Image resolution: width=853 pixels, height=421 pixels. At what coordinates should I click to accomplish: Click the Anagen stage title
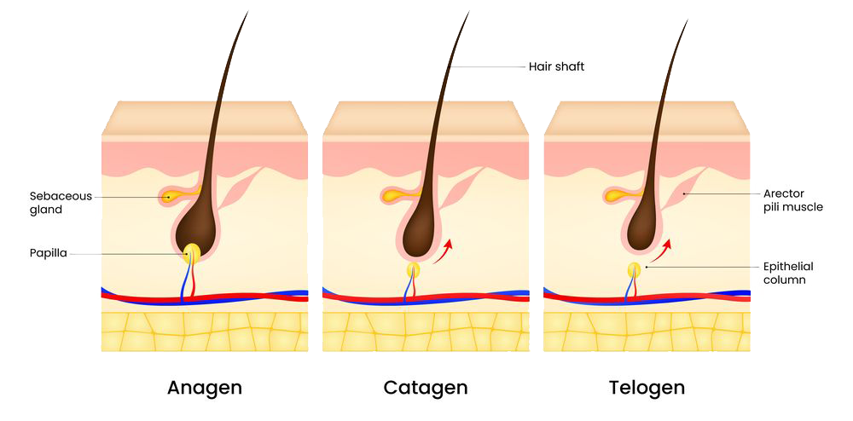point(205,388)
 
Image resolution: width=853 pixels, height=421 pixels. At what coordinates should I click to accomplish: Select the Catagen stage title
point(426,388)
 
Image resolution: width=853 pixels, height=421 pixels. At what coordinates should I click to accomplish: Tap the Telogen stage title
point(647,388)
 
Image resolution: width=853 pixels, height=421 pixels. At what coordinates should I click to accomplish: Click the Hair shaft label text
point(556,66)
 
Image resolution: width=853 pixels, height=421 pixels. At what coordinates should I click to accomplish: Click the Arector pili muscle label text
point(793,200)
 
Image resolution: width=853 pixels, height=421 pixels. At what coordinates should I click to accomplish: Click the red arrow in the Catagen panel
point(442,252)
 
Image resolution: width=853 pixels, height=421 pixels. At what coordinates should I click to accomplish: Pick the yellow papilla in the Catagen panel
point(414,270)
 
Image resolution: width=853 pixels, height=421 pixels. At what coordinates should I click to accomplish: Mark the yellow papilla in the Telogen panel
point(635,270)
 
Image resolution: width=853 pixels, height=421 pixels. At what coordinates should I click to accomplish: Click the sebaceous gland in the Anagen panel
point(171,197)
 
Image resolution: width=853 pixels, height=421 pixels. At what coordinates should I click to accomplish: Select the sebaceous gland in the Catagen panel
point(392,197)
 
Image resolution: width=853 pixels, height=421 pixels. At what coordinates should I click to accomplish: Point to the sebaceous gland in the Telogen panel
point(613,197)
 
